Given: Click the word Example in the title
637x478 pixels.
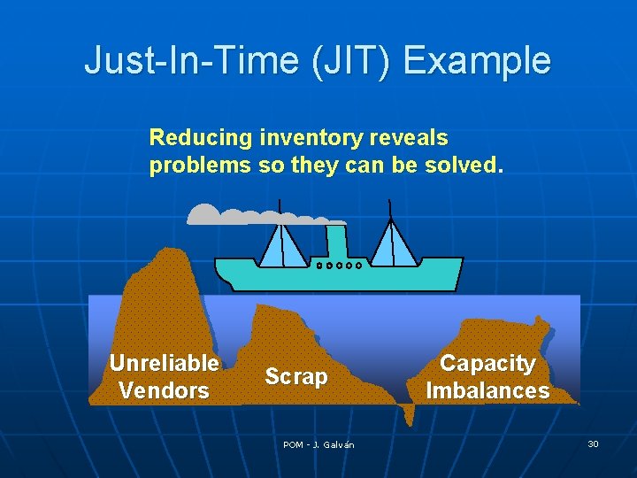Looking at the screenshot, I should tap(478, 61).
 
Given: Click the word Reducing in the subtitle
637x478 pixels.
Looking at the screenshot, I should tap(201, 138).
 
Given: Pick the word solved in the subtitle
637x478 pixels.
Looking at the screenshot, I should tap(470, 166).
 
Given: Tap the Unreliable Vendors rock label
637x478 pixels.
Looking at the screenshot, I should tap(164, 376).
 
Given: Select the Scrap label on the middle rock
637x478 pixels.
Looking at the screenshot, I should tap(296, 376).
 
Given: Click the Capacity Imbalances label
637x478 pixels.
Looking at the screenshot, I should tap(487, 376).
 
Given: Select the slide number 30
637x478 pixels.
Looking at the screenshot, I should tap(593, 443).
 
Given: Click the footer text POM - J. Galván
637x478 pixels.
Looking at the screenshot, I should tap(318, 444).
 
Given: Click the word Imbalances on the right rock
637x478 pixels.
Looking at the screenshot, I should tap(487, 390).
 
